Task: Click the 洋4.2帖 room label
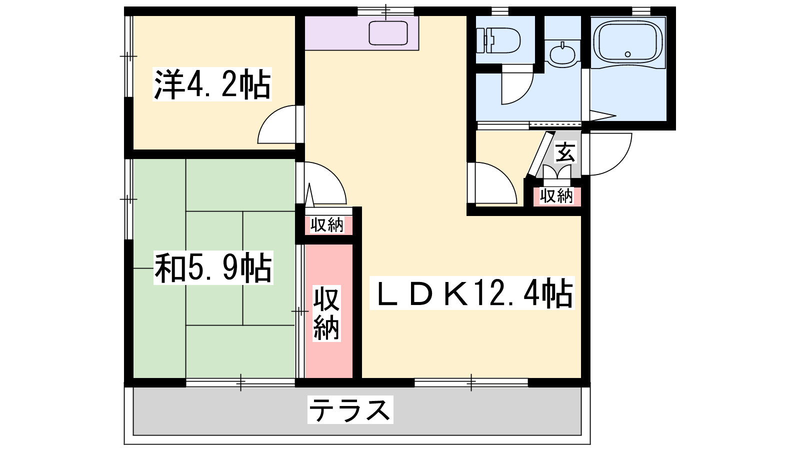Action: click(x=212, y=84)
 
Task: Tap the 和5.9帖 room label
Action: click(x=213, y=267)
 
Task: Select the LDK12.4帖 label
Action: click(x=472, y=292)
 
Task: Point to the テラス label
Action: click(x=350, y=409)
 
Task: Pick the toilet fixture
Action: click(x=498, y=40)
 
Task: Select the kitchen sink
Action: click(x=388, y=33)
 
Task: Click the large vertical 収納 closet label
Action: click(x=326, y=312)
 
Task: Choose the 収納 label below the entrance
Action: click(x=556, y=195)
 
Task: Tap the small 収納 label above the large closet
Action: click(x=326, y=225)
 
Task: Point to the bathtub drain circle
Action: click(x=627, y=54)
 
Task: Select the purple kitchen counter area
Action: click(x=361, y=33)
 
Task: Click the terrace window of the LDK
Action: click(x=471, y=382)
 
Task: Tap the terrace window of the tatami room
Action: click(x=240, y=382)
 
